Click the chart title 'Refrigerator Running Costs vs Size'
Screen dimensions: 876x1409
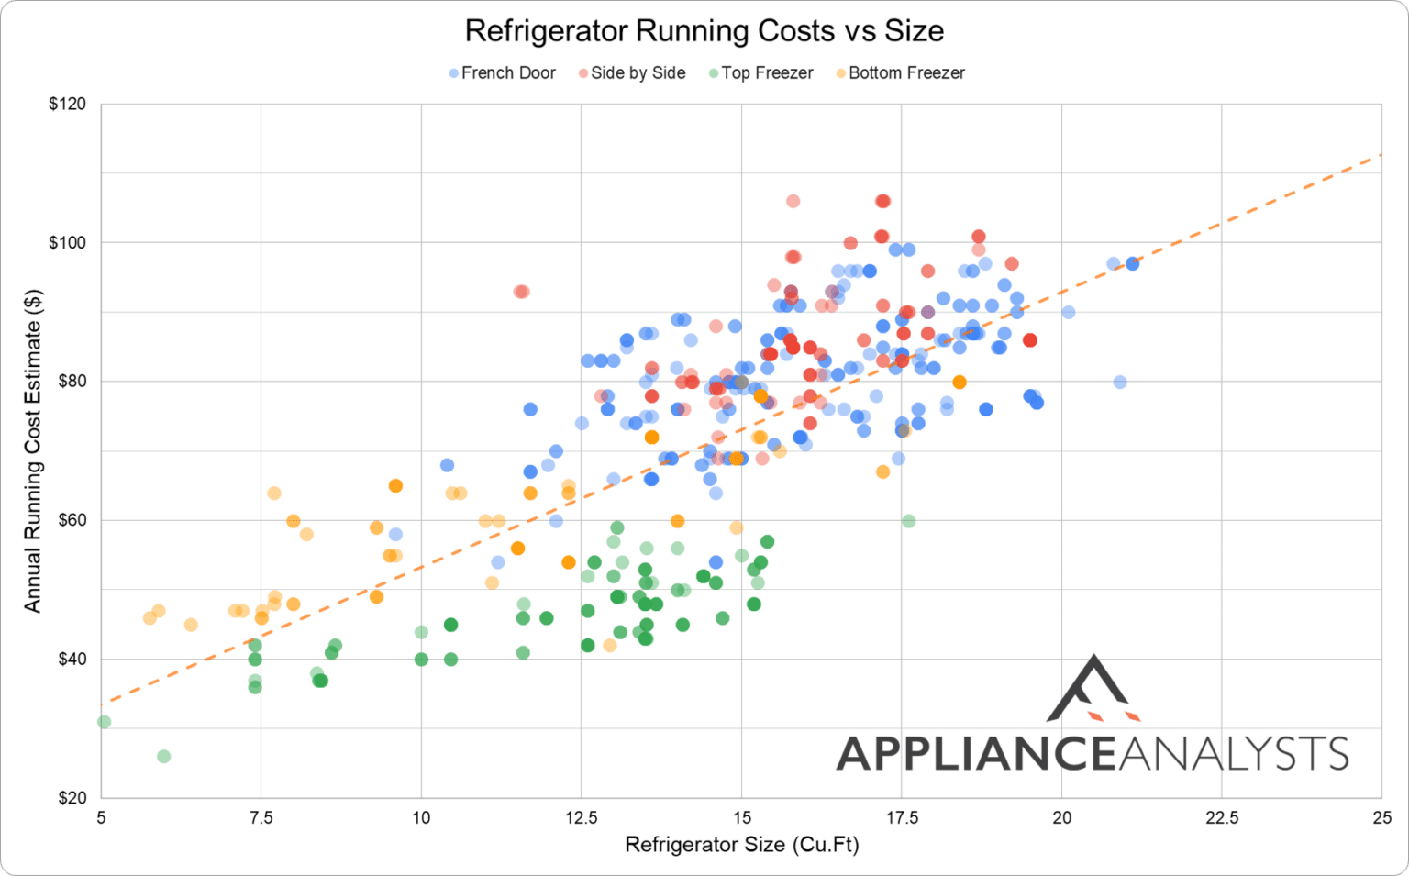tap(704, 31)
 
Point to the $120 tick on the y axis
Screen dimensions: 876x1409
tap(67, 104)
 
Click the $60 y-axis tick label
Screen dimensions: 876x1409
tap(67, 520)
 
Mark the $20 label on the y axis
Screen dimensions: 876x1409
tap(67, 797)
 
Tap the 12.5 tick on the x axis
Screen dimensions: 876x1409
tap(581, 817)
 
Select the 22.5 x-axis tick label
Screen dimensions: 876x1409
tap(1221, 817)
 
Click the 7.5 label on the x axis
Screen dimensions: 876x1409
tap(261, 817)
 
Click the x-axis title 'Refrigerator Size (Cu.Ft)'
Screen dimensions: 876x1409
tap(741, 845)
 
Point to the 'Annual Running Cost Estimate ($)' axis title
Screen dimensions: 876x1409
tap(33, 450)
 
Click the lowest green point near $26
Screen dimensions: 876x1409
tap(163, 757)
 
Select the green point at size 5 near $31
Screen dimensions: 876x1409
tap(104, 722)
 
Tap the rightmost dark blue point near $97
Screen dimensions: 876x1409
tap(1133, 263)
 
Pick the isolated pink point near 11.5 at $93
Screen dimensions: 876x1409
tap(521, 292)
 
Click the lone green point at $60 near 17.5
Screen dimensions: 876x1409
tap(908, 521)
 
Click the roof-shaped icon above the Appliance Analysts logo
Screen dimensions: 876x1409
tap(1093, 689)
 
